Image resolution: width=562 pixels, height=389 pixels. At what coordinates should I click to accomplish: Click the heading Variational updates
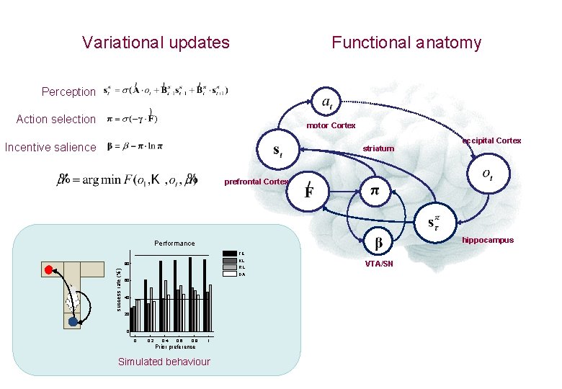pos(156,43)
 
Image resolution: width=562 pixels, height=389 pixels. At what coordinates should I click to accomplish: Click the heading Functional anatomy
pos(406,43)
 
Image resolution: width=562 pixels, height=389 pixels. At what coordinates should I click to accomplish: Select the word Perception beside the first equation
pos(68,91)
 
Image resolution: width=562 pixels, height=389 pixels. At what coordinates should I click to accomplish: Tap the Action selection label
pos(55,119)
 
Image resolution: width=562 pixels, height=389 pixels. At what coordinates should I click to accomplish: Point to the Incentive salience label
pos(50,147)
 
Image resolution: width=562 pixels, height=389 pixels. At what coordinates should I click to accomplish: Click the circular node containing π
pos(374,191)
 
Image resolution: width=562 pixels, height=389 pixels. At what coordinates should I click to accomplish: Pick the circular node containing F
pos(308,192)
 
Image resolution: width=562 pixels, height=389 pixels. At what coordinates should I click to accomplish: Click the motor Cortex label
pos(331,125)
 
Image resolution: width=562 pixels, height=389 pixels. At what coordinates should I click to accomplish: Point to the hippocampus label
pos(488,240)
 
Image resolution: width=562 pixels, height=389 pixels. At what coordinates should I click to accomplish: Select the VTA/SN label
pos(379,264)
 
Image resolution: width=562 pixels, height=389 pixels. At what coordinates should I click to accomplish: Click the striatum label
pos(378,148)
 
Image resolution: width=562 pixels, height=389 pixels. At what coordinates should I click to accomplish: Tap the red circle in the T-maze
pos(49,270)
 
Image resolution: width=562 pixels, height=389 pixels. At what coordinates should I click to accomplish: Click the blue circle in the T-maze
pos(73,322)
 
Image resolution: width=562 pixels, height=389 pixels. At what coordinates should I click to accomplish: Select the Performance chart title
pos(174,243)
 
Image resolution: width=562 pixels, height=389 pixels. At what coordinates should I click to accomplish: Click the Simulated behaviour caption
pos(164,362)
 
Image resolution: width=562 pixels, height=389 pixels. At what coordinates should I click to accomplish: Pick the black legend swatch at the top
pos(229,253)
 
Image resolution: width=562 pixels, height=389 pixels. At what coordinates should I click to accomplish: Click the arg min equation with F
pos(127,179)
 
